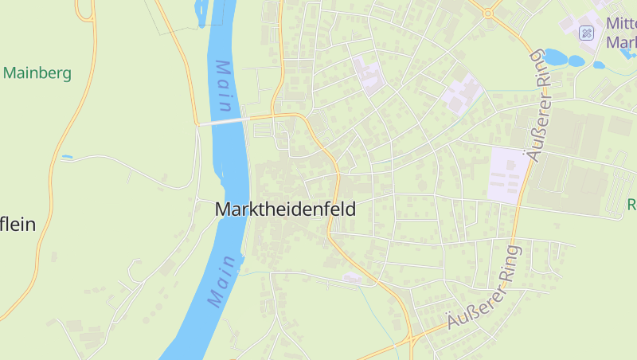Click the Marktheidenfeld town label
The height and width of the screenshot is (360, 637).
(285, 209)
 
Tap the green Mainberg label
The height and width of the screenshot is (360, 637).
(37, 73)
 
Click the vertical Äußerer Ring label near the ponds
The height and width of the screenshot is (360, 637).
(540, 104)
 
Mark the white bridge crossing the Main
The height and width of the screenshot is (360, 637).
(224, 121)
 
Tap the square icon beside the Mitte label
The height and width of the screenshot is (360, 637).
(586, 33)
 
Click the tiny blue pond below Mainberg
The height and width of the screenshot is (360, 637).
(67, 157)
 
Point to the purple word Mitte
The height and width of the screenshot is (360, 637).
(621, 24)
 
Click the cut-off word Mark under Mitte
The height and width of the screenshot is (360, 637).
(621, 42)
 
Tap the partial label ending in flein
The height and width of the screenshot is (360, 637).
(18, 225)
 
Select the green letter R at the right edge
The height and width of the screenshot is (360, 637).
(631, 205)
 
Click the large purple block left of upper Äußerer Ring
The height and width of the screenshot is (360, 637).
(507, 173)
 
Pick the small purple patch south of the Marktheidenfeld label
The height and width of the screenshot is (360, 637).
(351, 277)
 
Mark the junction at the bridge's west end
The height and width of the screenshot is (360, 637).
(197, 124)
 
